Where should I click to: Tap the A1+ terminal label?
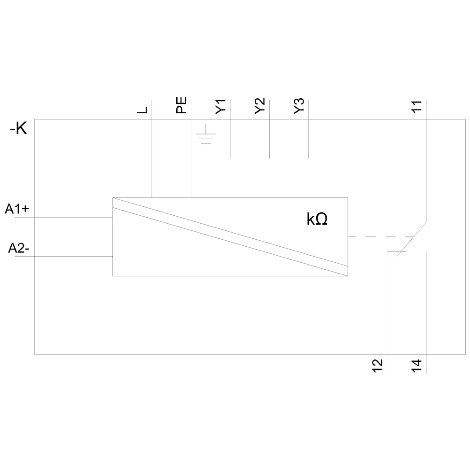pyautogui.click(x=17, y=210)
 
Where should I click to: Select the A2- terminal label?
pyautogui.click(x=19, y=249)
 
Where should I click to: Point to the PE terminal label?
pyautogui.click(x=182, y=105)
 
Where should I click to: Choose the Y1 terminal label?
pyautogui.click(x=221, y=106)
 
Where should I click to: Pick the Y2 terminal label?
pyautogui.click(x=260, y=106)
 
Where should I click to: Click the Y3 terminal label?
pyautogui.click(x=299, y=106)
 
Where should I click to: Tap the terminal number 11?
pyautogui.click(x=417, y=106)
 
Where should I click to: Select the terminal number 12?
pyautogui.click(x=377, y=365)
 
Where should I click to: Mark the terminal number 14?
pyautogui.click(x=417, y=365)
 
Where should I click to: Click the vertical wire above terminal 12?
pyautogui.click(x=386, y=305)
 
